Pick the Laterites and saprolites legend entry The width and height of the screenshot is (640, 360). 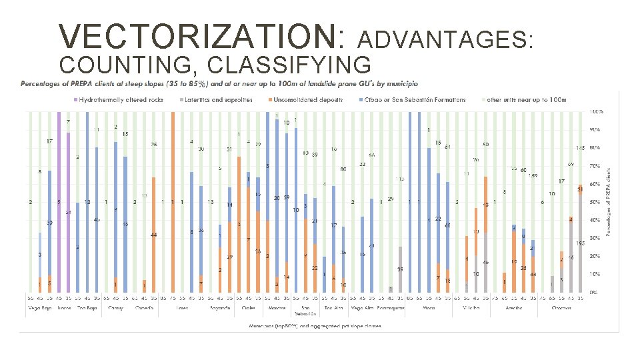point(222,100)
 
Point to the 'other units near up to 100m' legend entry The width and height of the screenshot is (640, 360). point(526,100)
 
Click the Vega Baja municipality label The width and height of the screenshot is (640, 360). point(39,308)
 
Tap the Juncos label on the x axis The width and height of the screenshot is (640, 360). point(64,308)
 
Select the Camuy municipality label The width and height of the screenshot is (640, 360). point(116,308)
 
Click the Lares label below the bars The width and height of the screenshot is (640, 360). point(182,308)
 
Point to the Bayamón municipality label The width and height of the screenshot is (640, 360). point(220,308)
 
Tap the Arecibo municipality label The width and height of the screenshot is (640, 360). point(513,308)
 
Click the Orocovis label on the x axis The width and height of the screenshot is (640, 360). point(565,308)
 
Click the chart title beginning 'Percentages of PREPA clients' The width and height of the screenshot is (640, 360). point(219,84)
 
